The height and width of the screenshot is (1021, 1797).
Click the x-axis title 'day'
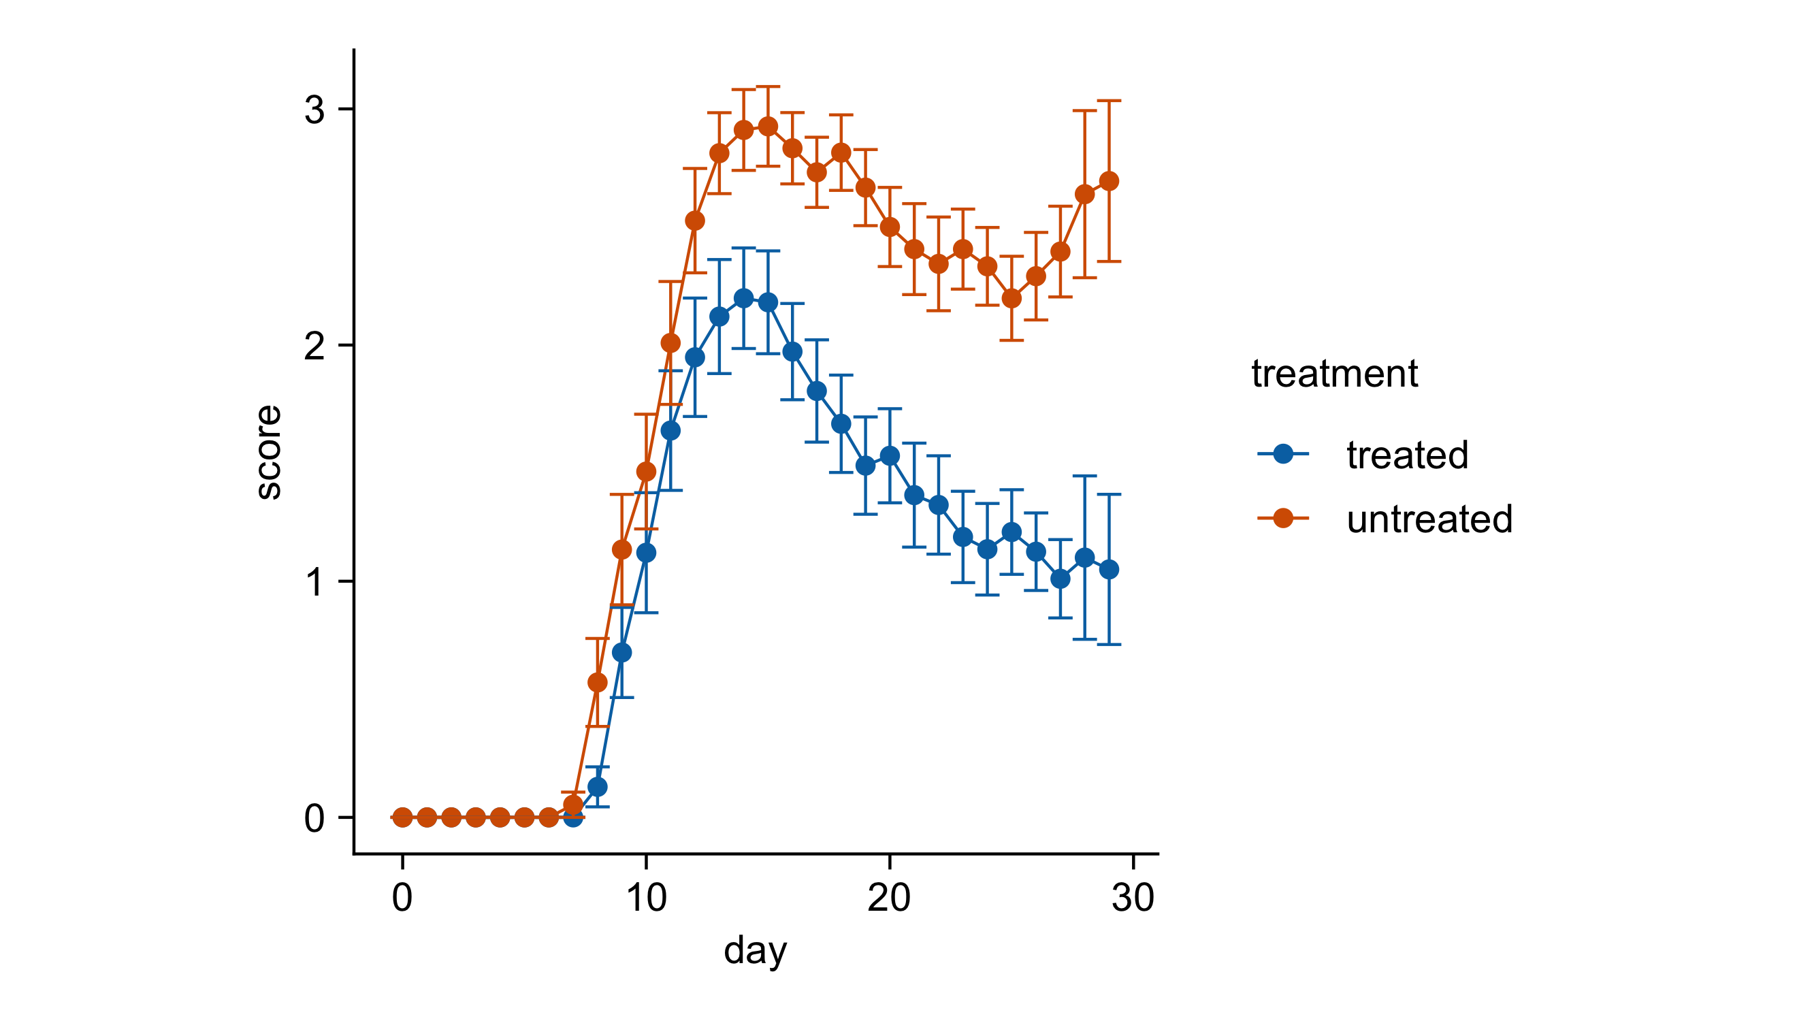click(754, 951)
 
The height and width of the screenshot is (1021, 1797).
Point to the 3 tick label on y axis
click(314, 110)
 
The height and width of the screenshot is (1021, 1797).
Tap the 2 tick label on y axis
click(314, 346)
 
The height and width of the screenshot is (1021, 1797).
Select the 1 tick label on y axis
click(314, 582)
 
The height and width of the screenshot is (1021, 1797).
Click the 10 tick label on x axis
click(646, 898)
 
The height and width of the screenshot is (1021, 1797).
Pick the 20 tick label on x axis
click(889, 898)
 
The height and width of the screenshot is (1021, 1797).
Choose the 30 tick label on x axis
click(1133, 898)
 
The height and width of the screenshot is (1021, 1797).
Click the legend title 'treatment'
click(1334, 373)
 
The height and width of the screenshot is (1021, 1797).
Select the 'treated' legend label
click(1407, 455)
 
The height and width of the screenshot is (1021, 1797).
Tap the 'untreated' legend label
click(1429, 519)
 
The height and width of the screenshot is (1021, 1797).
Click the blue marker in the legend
click(1283, 455)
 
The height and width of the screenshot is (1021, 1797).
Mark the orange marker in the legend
click(1283, 518)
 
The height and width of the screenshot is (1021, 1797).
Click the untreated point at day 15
click(768, 126)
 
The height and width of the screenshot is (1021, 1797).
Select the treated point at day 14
click(743, 298)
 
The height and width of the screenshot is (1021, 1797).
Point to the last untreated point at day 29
click(1108, 181)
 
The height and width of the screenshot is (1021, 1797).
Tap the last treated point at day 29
click(1108, 570)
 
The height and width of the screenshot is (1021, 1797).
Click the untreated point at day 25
click(1011, 298)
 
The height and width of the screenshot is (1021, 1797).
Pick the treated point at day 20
click(890, 456)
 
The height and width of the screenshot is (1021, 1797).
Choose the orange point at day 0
click(402, 817)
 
